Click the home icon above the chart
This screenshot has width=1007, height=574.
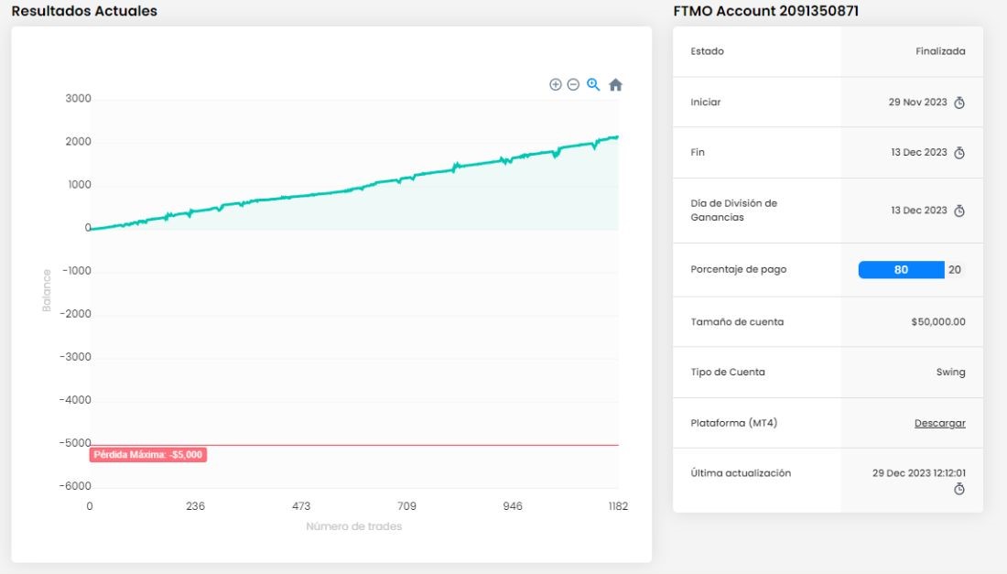click(615, 85)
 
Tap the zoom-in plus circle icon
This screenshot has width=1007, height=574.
click(556, 85)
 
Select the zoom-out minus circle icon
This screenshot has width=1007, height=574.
click(573, 85)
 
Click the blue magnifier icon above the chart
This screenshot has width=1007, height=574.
click(593, 85)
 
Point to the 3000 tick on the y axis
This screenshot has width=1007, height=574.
click(79, 98)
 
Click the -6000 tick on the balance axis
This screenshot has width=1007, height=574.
click(76, 486)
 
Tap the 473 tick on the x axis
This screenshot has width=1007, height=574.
click(301, 506)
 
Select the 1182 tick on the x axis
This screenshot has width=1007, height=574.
click(618, 506)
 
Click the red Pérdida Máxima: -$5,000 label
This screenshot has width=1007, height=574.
click(148, 455)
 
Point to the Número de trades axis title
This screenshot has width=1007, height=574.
click(354, 526)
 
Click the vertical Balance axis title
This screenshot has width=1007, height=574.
click(47, 290)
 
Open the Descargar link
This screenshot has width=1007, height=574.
click(939, 423)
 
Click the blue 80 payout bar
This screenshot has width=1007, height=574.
click(901, 270)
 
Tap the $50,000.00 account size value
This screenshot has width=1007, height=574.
click(937, 321)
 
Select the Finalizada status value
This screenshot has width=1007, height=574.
click(940, 51)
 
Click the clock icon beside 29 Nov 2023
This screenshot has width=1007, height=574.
click(958, 103)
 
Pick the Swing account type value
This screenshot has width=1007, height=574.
click(950, 373)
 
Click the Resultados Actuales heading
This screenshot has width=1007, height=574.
click(84, 11)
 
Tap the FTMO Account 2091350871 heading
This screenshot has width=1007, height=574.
click(765, 11)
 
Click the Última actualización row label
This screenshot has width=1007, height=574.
click(741, 473)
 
